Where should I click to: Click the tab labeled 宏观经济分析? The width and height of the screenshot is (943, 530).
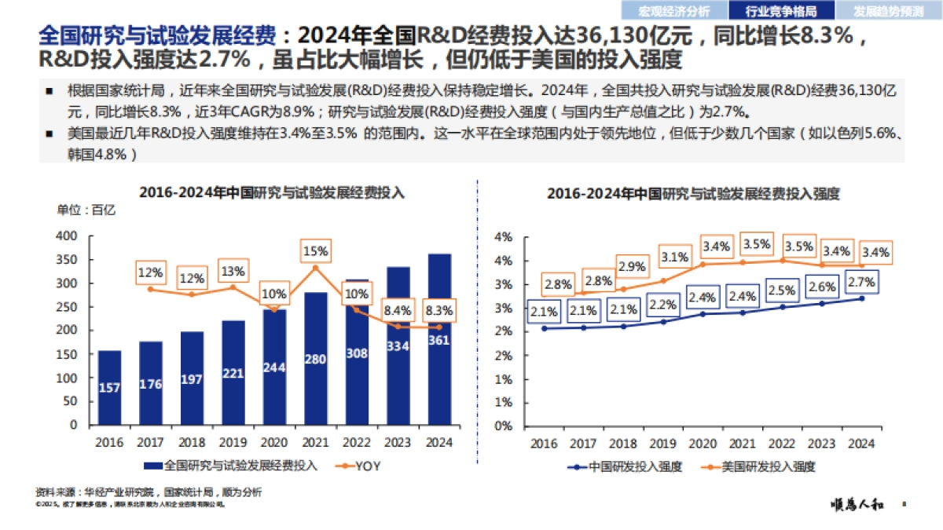674,11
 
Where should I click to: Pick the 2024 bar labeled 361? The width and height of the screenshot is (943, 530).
438,339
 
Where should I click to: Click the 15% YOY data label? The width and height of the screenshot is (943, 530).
316,251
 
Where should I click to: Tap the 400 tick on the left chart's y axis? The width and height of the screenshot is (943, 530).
68,236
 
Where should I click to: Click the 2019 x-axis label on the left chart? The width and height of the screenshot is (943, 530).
233,442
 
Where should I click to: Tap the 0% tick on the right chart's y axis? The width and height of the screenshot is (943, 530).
502,426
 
